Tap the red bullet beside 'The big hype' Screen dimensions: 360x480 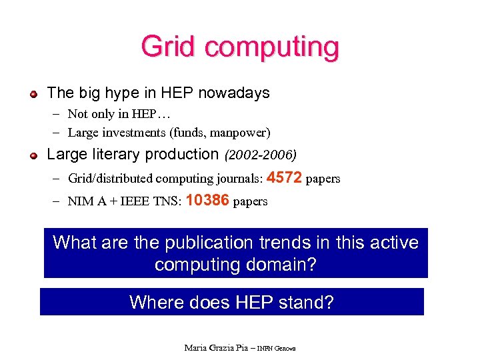click(x=33, y=93)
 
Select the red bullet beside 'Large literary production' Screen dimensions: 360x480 click(x=33, y=155)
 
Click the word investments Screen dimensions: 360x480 click(x=131, y=132)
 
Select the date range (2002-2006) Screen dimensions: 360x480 click(x=261, y=155)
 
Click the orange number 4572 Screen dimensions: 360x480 click(x=284, y=178)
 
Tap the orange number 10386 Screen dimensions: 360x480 click(x=208, y=200)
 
